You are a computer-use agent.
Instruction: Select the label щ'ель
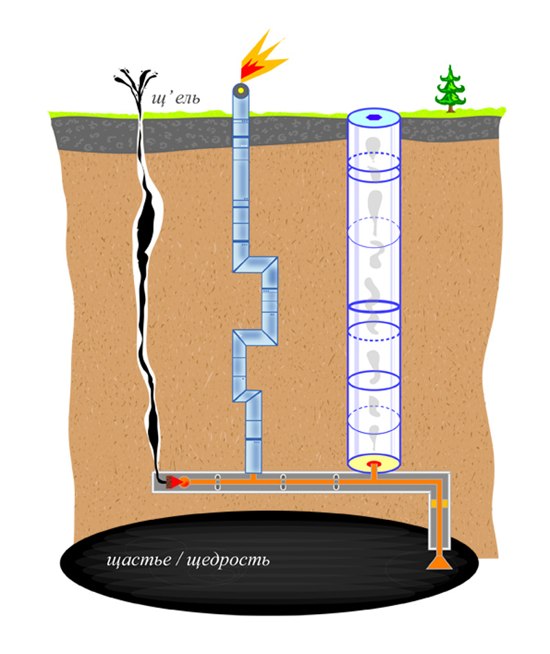click(175, 98)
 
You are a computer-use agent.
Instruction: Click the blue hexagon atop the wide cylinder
click(373, 117)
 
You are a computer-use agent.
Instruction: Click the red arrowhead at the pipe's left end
click(176, 482)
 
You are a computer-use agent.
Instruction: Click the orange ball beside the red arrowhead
click(184, 482)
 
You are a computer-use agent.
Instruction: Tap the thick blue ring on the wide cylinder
click(373, 305)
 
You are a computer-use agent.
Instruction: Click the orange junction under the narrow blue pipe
click(253, 477)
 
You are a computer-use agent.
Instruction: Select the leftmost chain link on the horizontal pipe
click(218, 482)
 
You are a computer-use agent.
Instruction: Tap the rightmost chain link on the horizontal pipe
click(336, 482)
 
